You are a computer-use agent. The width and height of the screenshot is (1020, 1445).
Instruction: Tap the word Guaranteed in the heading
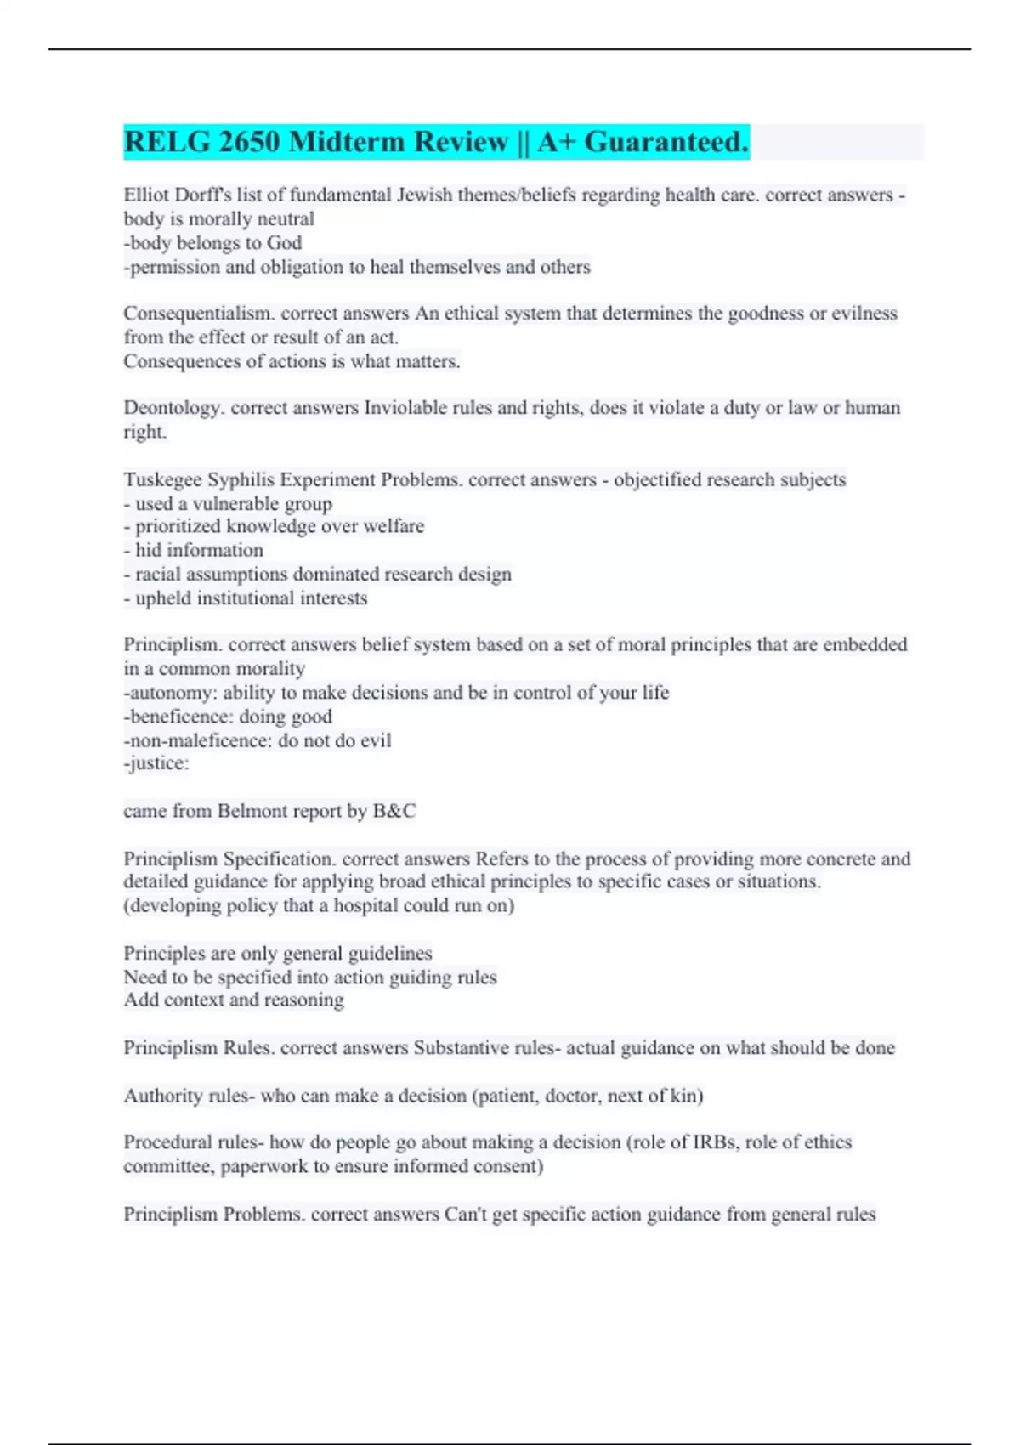click(666, 142)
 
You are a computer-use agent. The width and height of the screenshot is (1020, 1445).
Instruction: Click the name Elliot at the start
click(146, 195)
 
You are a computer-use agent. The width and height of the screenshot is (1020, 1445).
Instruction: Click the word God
click(284, 243)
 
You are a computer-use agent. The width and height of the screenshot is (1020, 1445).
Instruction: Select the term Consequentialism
click(199, 314)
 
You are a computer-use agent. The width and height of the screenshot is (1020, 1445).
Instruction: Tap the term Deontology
click(174, 408)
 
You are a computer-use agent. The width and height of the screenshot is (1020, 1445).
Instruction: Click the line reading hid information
click(194, 551)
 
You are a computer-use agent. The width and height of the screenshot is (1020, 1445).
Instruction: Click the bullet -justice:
click(156, 764)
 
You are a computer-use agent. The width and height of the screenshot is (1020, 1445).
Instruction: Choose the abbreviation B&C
click(394, 811)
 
